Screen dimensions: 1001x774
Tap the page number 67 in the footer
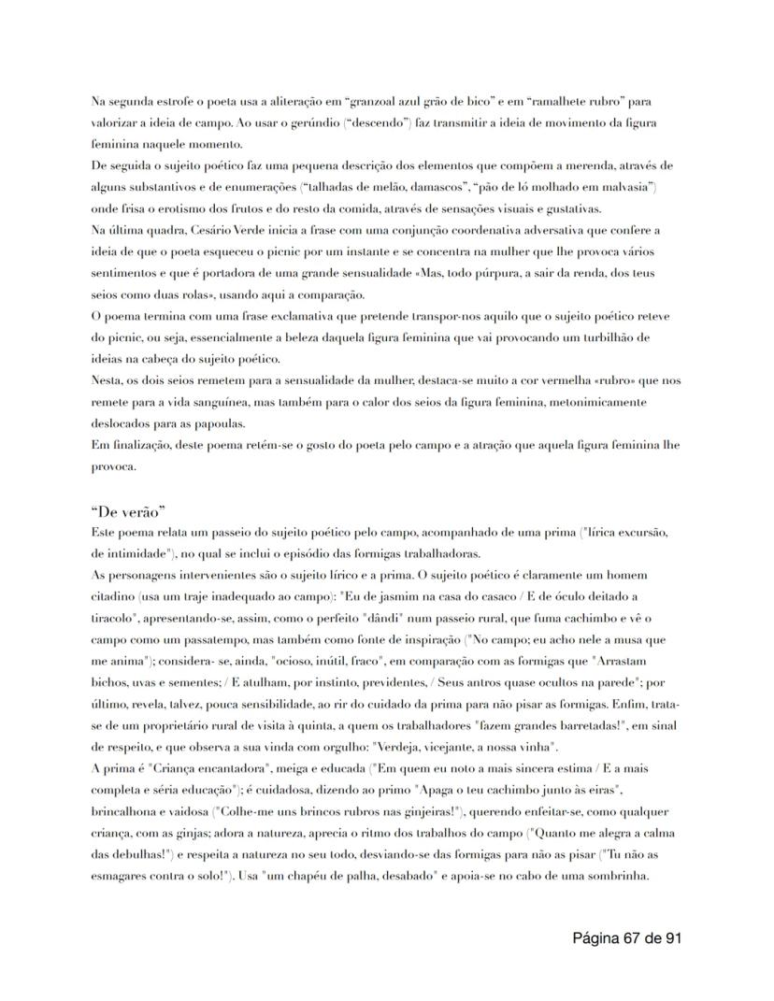click(632, 937)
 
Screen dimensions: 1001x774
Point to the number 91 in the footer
click(671, 937)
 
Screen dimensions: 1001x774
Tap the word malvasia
click(624, 187)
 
